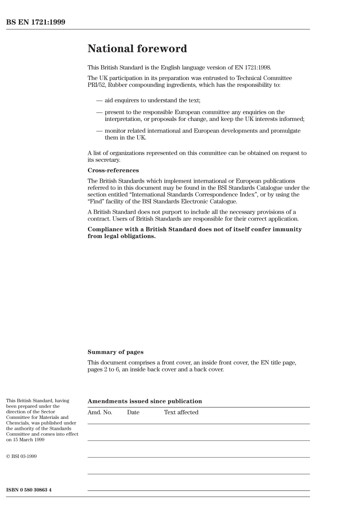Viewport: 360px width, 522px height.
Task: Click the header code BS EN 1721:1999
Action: (36, 22)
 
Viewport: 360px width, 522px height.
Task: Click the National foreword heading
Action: (137, 49)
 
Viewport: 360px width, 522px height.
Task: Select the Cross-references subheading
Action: (113, 170)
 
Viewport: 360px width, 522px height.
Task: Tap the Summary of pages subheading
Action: (115, 352)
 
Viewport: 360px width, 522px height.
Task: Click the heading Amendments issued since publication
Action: (144, 401)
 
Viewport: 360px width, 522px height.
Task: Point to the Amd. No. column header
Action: (100, 412)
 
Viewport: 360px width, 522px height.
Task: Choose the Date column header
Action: (133, 412)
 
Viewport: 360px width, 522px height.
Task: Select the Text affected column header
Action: (181, 412)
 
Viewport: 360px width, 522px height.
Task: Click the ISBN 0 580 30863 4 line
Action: (29, 489)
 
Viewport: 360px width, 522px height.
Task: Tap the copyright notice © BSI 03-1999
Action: (21, 456)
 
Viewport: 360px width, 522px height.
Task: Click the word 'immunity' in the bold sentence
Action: (287, 229)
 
